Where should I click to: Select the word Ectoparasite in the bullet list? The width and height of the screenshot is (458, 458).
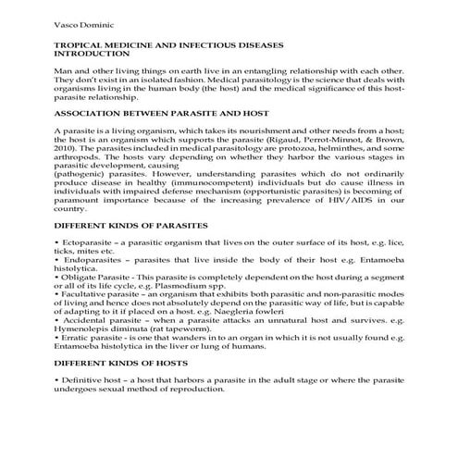tap(89, 242)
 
